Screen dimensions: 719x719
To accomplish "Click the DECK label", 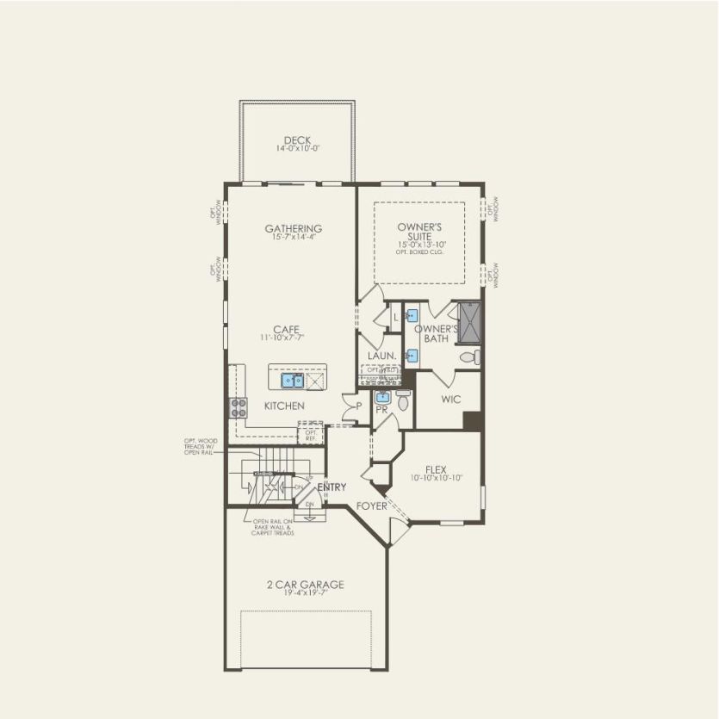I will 297,140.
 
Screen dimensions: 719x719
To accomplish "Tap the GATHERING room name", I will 293,228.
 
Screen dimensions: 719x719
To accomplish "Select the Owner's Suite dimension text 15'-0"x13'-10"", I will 419,245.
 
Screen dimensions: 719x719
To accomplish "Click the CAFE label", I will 286,329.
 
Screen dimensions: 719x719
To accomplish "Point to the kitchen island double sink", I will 291,380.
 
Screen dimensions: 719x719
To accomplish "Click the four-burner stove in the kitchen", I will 238,408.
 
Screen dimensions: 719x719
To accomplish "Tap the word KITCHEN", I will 284,406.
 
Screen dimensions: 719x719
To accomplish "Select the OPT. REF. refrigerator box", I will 311,434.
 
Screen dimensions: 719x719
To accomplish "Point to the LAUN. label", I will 381,355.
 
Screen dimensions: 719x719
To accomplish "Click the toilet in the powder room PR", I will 403,399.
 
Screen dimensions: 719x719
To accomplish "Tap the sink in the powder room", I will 383,399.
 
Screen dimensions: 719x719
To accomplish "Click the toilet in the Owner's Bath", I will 468,356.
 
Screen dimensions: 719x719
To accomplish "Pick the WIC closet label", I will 450,400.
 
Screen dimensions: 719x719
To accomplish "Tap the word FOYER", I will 371,506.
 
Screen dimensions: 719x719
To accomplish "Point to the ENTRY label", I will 332,488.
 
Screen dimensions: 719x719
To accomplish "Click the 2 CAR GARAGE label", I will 305,585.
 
